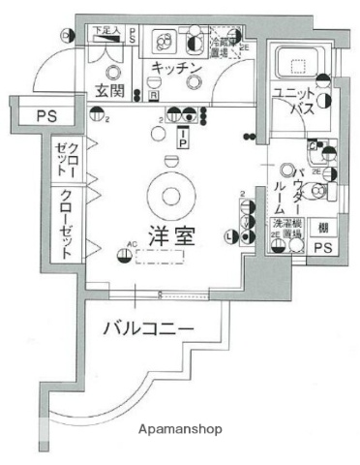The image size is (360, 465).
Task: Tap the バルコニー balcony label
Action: [148, 328]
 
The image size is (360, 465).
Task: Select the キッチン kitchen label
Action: [175, 67]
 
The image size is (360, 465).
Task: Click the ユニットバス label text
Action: [294, 101]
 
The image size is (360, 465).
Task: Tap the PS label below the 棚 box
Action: [323, 248]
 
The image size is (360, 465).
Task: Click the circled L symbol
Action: [229, 235]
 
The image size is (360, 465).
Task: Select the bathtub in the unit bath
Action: [299, 65]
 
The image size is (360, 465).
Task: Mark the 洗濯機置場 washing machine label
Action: [287, 229]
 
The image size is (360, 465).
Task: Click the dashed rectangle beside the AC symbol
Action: [159, 256]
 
